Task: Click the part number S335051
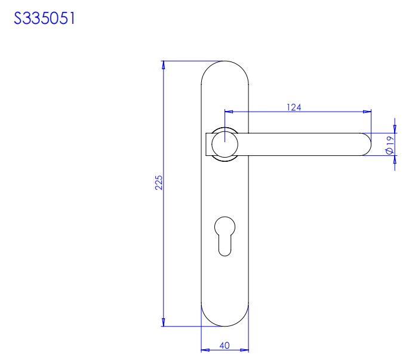44,19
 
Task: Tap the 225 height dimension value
159,183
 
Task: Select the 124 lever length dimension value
294,107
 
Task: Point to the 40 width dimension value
224,346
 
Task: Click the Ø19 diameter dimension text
390,145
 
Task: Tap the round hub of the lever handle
224,144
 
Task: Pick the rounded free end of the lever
367,144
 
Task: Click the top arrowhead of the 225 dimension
163,65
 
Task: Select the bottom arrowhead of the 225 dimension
163,322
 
